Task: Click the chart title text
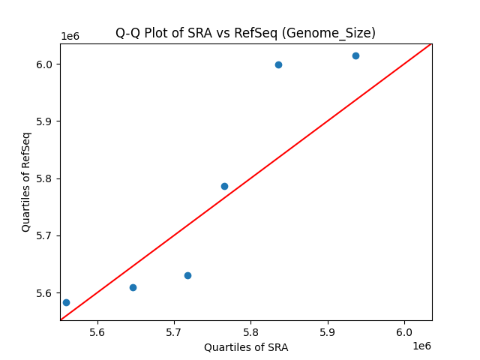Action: (x=245, y=33)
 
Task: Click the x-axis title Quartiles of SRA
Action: (x=246, y=347)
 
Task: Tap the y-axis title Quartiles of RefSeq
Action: (x=26, y=181)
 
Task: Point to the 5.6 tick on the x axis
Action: (x=97, y=331)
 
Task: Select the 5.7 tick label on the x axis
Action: (x=174, y=331)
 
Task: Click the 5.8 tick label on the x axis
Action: (x=251, y=331)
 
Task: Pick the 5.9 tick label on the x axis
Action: (x=328, y=331)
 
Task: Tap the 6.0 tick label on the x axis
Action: (x=404, y=331)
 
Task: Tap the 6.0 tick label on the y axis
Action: (x=46, y=64)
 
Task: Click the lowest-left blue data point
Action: (x=66, y=302)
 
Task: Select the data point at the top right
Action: (x=355, y=55)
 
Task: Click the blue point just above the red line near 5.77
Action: (x=224, y=186)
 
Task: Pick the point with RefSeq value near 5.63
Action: (x=187, y=275)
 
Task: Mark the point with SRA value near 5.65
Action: (x=133, y=287)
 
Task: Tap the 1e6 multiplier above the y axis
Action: (x=70, y=36)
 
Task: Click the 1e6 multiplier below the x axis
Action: (x=421, y=346)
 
